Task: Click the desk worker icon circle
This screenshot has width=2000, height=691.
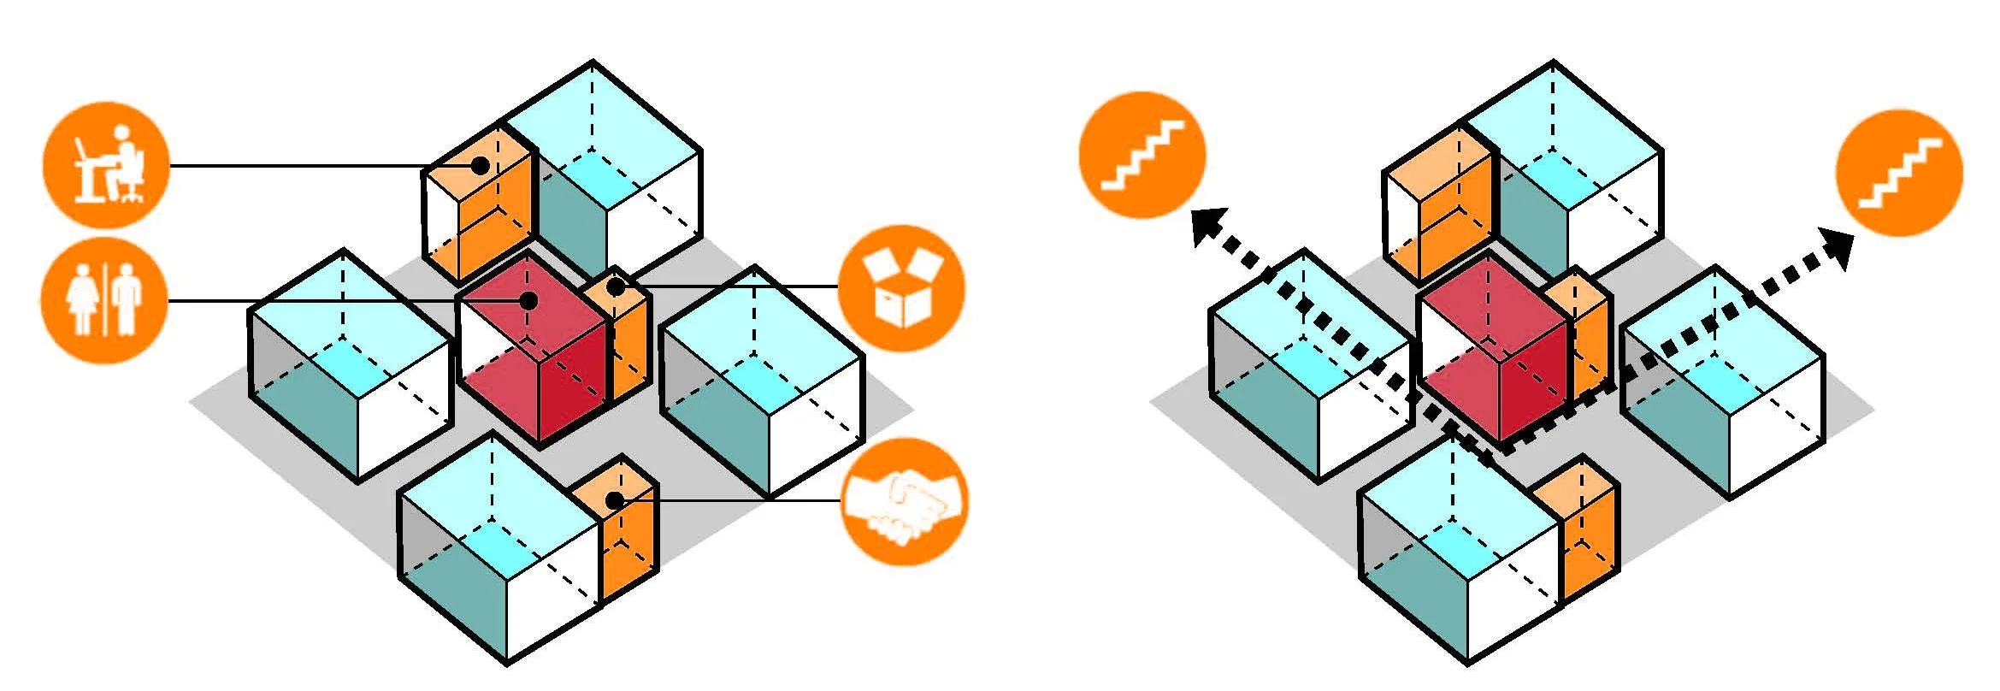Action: (106, 166)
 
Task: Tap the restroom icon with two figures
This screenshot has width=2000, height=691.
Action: (104, 301)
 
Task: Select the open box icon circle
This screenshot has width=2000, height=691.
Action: (901, 287)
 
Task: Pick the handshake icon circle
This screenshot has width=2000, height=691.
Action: (905, 502)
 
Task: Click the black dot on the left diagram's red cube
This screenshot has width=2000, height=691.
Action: (529, 301)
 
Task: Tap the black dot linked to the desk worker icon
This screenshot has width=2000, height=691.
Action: (481, 165)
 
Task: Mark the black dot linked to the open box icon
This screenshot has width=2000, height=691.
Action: (616, 287)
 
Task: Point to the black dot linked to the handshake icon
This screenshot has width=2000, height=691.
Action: (614, 500)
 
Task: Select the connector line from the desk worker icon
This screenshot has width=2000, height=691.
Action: (299, 166)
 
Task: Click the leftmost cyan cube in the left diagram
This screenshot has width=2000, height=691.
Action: (349, 368)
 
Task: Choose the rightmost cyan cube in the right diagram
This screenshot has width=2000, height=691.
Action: (1723, 385)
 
